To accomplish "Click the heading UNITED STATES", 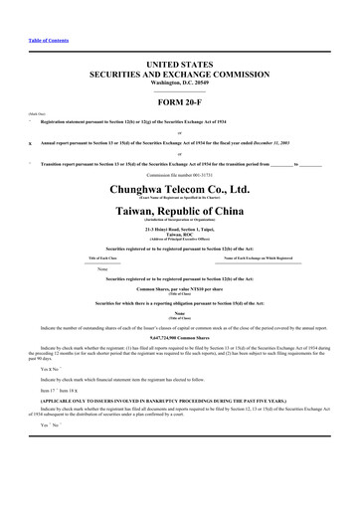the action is [x=179, y=64].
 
